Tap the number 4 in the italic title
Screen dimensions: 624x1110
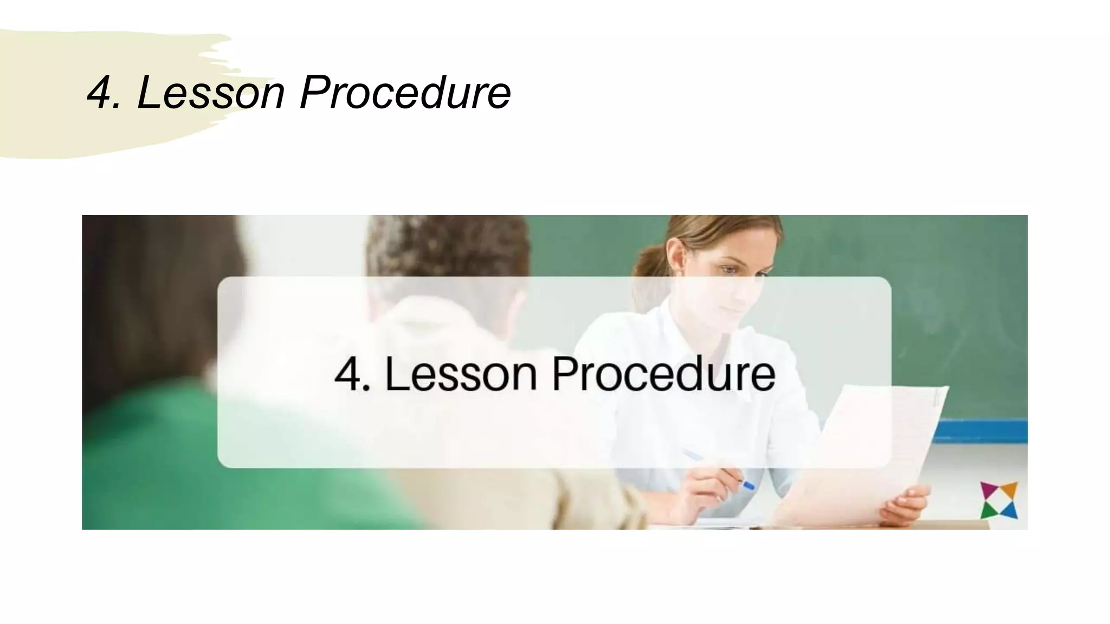(x=100, y=93)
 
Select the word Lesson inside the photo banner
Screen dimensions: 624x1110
(x=461, y=374)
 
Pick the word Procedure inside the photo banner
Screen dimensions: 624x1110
(x=663, y=374)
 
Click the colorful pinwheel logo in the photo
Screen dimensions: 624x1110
(x=999, y=500)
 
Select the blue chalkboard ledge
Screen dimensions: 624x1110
(x=981, y=431)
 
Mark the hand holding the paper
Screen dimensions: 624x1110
(x=905, y=504)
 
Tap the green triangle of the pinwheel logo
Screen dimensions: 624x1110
(x=988, y=511)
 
